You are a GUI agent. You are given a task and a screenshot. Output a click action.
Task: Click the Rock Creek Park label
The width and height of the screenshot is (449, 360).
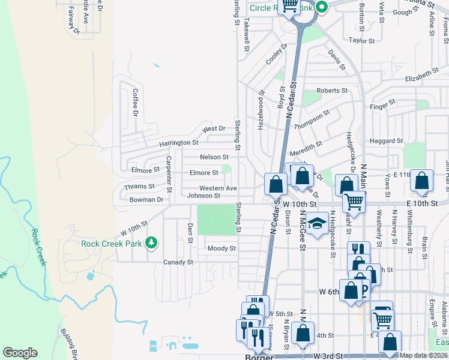(x=112, y=243)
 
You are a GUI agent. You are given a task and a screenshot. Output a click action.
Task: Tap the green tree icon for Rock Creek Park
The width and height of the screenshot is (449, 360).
(x=152, y=242)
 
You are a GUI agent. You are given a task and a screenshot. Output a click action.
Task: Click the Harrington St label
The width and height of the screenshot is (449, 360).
(x=178, y=143)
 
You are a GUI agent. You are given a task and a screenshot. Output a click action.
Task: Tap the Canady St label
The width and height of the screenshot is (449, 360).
(x=178, y=262)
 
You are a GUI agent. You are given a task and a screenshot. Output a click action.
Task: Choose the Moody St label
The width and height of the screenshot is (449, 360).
(x=221, y=248)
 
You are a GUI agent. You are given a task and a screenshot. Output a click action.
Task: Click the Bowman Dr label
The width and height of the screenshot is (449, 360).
(x=146, y=199)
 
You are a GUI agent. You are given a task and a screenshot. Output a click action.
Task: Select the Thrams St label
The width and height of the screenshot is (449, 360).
(x=139, y=187)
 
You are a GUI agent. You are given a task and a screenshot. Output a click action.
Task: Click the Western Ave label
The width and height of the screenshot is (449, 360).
(x=218, y=188)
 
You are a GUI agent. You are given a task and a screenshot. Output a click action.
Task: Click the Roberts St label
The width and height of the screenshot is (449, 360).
(x=332, y=91)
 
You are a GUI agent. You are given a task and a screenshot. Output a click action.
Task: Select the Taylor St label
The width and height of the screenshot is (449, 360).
(x=362, y=41)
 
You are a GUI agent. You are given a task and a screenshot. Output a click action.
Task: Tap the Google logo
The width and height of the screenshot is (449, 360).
(x=20, y=353)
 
